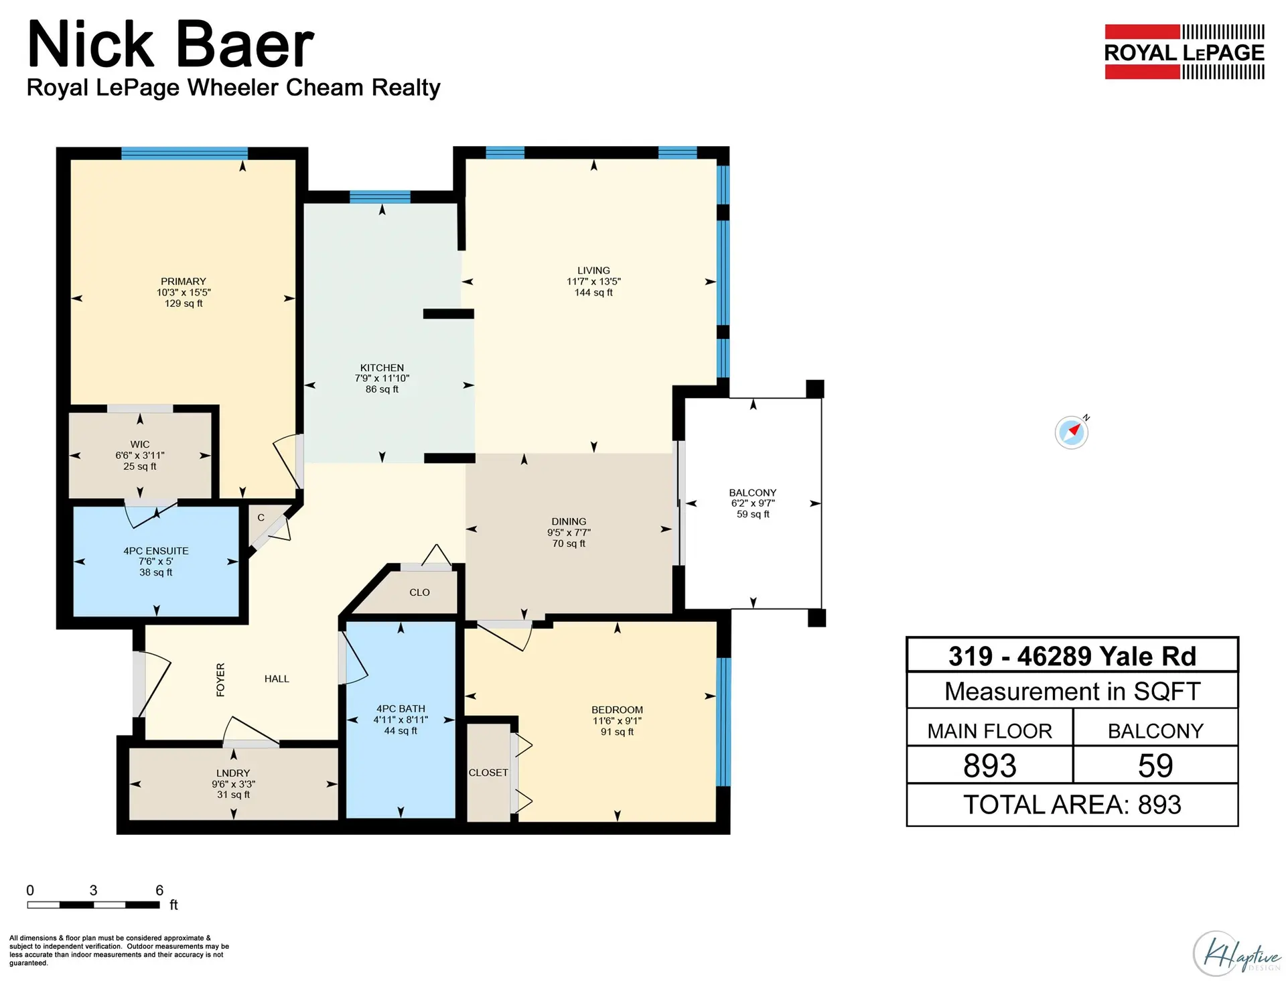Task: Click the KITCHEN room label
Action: [x=382, y=367]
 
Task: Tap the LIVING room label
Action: [x=593, y=271]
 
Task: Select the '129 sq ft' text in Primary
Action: [x=184, y=304]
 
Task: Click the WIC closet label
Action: [x=140, y=444]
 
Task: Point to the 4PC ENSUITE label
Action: [x=156, y=551]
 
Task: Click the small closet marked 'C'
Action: [x=261, y=517]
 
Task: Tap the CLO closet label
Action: [x=419, y=592]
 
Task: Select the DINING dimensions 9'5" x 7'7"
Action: [x=569, y=533]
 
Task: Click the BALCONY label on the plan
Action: [x=753, y=493]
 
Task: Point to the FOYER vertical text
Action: [x=220, y=679]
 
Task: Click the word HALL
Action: [x=277, y=679]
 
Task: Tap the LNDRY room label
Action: [x=233, y=773]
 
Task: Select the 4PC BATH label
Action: [x=401, y=708]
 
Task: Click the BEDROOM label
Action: [x=617, y=710]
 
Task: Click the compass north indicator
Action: [x=1072, y=432]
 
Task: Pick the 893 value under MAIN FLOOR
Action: [x=989, y=766]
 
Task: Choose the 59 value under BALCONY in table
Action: [x=1155, y=766]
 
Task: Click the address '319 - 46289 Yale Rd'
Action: [x=1072, y=656]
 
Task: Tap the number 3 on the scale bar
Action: [x=93, y=891]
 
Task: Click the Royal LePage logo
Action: [x=1184, y=52]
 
